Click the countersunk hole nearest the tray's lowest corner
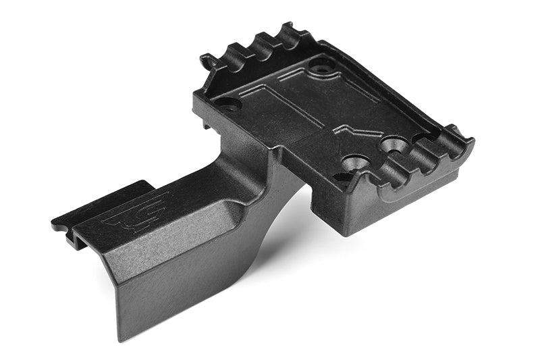point(356,163)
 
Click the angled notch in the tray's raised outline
point(344,128)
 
